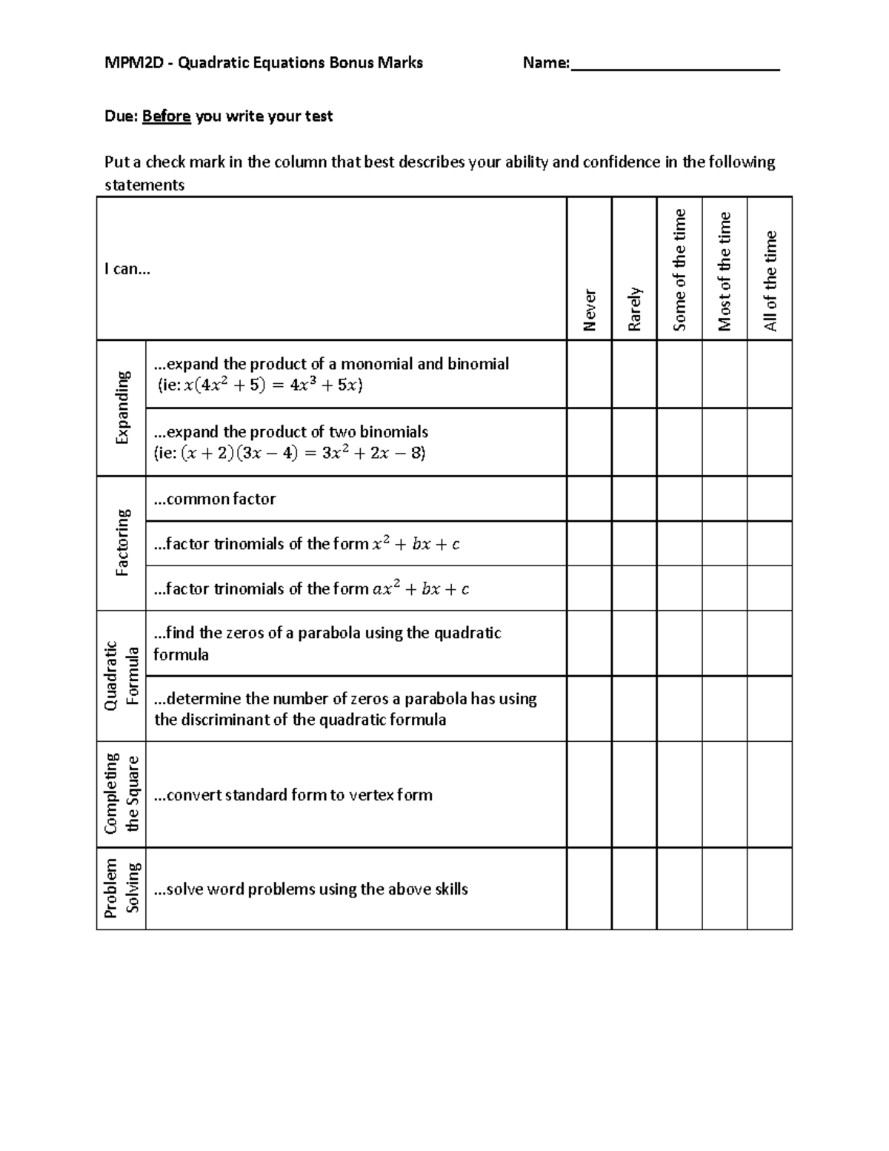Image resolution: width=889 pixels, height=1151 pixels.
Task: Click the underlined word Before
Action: coord(167,116)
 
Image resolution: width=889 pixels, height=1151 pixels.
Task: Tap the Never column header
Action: coord(589,309)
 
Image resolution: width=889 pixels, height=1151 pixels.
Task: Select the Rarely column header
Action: coord(634,308)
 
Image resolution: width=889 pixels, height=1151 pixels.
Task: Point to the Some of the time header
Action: coord(679,270)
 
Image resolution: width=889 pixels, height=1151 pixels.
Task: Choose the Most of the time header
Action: coord(725,271)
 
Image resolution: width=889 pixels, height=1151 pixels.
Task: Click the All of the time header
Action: coord(770,281)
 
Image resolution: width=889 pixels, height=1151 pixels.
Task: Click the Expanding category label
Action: coord(121,408)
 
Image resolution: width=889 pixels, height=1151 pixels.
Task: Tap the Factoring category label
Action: coord(121,543)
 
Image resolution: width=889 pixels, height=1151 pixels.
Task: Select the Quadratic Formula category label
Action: coord(121,675)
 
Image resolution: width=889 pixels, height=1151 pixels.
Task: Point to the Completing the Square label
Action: coord(121,794)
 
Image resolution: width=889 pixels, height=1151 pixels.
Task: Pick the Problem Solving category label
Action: coord(121,888)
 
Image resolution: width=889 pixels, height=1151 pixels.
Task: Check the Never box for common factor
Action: coord(589,499)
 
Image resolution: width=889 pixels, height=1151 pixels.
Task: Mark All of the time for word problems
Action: coord(770,888)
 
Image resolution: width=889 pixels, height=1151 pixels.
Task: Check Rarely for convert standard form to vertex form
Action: coord(634,794)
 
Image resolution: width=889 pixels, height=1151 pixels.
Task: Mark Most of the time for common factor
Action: coord(725,499)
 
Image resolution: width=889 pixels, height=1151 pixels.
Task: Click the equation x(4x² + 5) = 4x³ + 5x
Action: coord(271,385)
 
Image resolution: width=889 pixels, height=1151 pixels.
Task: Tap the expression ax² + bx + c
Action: coord(421,589)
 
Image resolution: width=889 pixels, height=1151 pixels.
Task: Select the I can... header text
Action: coord(127,269)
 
